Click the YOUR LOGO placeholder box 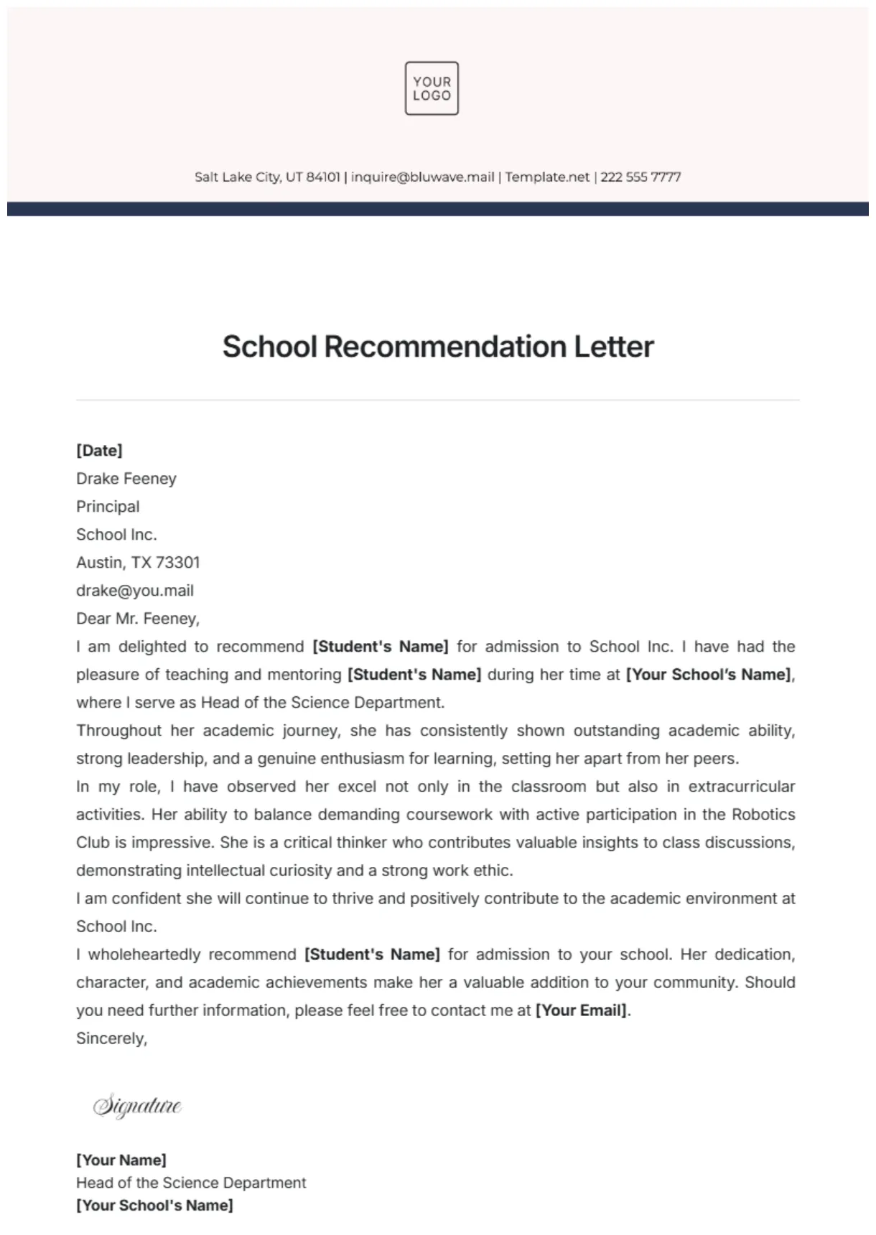click(x=432, y=88)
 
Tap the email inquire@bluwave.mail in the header click(x=422, y=177)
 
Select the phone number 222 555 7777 click(x=640, y=177)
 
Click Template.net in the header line click(x=547, y=177)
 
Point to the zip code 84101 click(x=323, y=177)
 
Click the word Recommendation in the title click(x=445, y=347)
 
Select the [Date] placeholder click(x=99, y=451)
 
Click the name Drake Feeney click(x=126, y=479)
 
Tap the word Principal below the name click(x=108, y=507)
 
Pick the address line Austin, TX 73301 click(x=138, y=563)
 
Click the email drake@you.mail click(x=135, y=591)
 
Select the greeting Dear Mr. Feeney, click(x=138, y=619)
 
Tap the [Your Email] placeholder click(x=582, y=1010)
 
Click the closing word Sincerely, click(x=111, y=1038)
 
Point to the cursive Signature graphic click(x=137, y=1106)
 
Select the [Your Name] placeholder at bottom click(x=121, y=1160)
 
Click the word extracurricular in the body click(x=741, y=786)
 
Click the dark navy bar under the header click(x=438, y=209)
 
